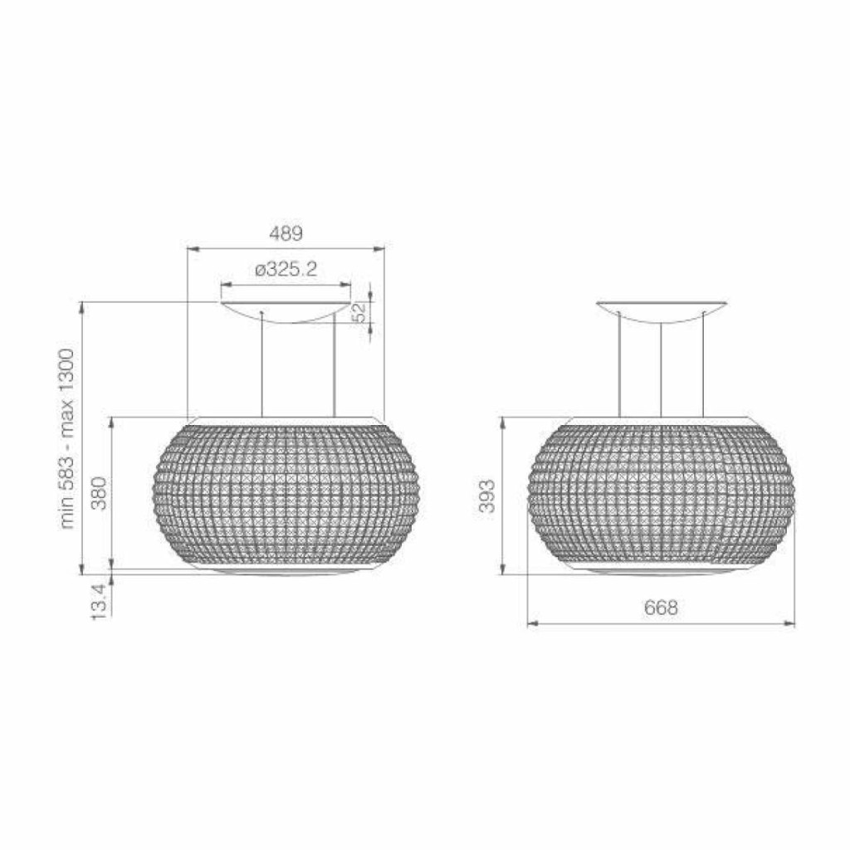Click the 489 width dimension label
pyautogui.click(x=286, y=233)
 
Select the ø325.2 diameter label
pyautogui.click(x=286, y=269)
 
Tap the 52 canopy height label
pyautogui.click(x=359, y=313)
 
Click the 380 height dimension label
pyautogui.click(x=100, y=493)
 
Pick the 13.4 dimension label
pyautogui.click(x=100, y=602)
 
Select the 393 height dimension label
pyautogui.click(x=486, y=496)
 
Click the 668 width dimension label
pyautogui.click(x=661, y=608)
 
